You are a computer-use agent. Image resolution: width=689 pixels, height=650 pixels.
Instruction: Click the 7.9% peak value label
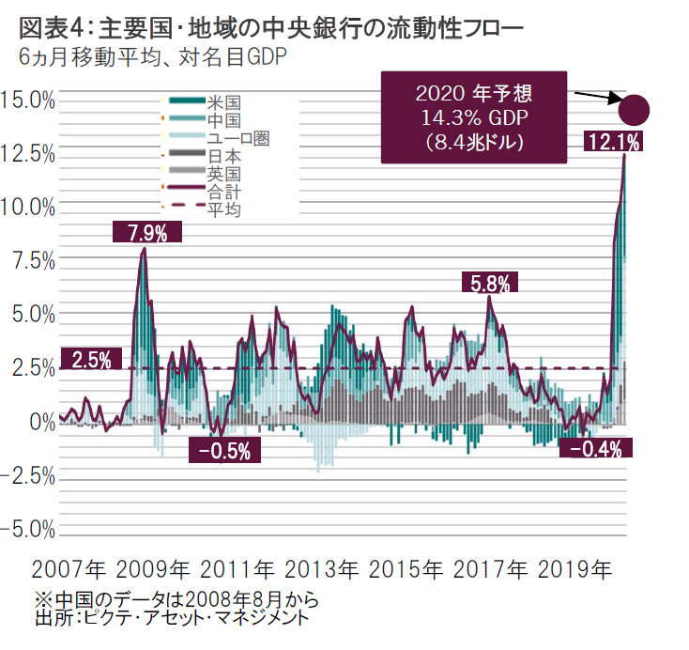pyautogui.click(x=146, y=233)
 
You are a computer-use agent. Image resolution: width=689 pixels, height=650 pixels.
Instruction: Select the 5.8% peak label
pyautogui.click(x=490, y=282)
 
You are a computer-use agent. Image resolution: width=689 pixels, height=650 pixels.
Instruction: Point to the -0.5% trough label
pyautogui.click(x=225, y=451)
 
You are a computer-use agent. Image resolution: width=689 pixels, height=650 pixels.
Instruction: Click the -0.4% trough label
pyautogui.click(x=596, y=449)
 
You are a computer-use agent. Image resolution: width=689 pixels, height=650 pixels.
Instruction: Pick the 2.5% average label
pyautogui.click(x=92, y=359)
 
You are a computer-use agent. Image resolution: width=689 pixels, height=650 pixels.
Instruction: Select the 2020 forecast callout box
pyautogui.click(x=474, y=117)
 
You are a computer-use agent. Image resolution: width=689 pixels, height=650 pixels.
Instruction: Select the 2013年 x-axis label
pyautogui.click(x=320, y=569)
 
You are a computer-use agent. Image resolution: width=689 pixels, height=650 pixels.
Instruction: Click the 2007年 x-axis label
pyautogui.click(x=68, y=569)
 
